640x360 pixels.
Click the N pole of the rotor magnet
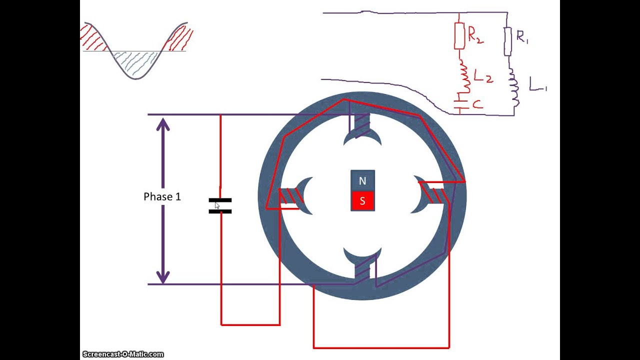[x=362, y=181]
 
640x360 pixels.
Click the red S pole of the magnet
[x=362, y=201]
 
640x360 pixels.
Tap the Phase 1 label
[x=162, y=197]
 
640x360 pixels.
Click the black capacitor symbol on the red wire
[x=220, y=205]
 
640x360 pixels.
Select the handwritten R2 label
[x=475, y=35]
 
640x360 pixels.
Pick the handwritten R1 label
[x=522, y=36]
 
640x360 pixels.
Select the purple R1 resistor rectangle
[x=508, y=41]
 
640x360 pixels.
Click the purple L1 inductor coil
[x=513, y=90]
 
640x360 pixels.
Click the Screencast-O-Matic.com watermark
[x=123, y=354]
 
